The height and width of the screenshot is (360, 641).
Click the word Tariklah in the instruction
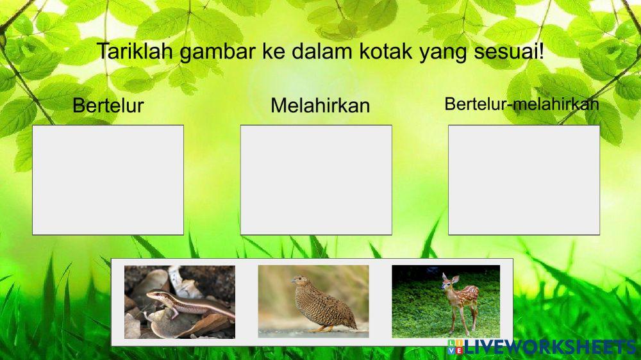click(135, 51)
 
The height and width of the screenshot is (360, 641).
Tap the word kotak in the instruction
click(387, 51)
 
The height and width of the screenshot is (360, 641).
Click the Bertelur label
click(108, 105)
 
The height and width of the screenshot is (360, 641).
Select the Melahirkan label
click(320, 105)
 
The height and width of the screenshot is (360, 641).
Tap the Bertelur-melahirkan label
click(521, 104)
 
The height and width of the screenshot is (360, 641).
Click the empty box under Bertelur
click(108, 180)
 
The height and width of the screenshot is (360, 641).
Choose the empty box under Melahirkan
click(316, 180)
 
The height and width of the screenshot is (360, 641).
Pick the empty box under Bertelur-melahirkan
click(524, 180)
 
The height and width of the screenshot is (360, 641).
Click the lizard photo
click(179, 302)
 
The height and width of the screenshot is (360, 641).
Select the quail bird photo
click(313, 302)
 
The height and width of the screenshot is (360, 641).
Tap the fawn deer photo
click(445, 302)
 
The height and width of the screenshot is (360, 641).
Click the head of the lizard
click(153, 295)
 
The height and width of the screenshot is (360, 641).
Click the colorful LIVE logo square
click(455, 347)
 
